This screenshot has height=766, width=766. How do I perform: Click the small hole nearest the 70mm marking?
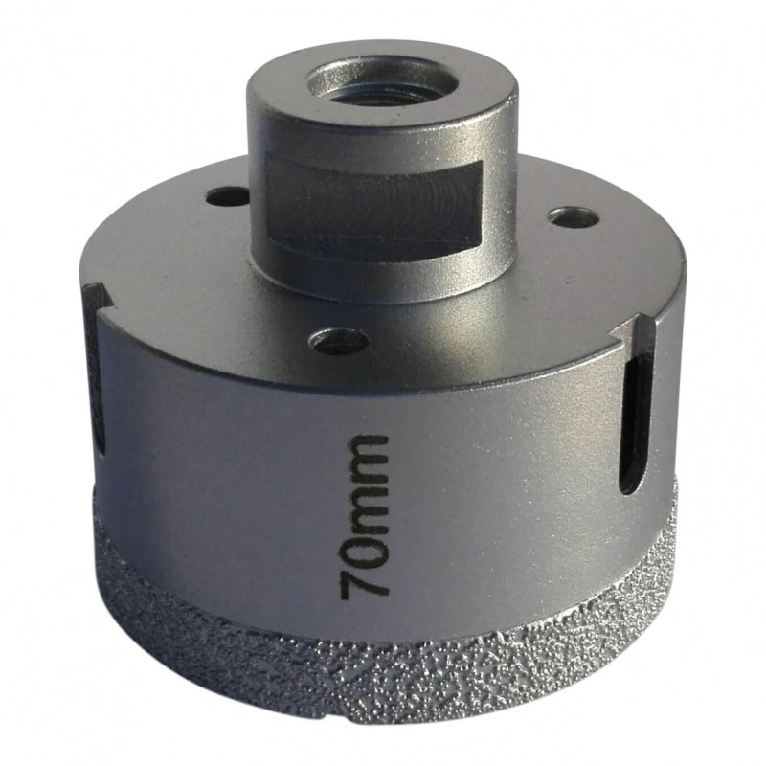point(341,340)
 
